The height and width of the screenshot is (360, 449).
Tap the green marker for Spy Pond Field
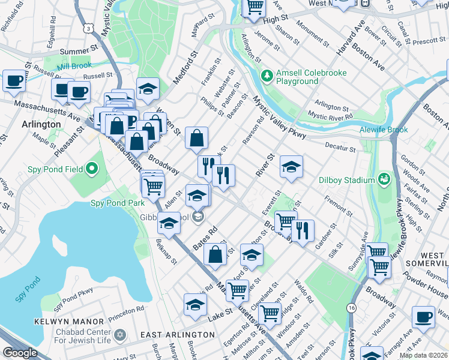(x=92, y=169)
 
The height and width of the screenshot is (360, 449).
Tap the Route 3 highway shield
(x=88, y=28)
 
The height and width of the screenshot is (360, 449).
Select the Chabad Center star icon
(x=119, y=334)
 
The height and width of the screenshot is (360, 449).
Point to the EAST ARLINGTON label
(x=170, y=334)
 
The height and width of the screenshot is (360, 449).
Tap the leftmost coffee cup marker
(x=14, y=80)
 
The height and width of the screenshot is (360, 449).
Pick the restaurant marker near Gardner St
(x=303, y=229)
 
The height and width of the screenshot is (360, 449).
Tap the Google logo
(x=20, y=353)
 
